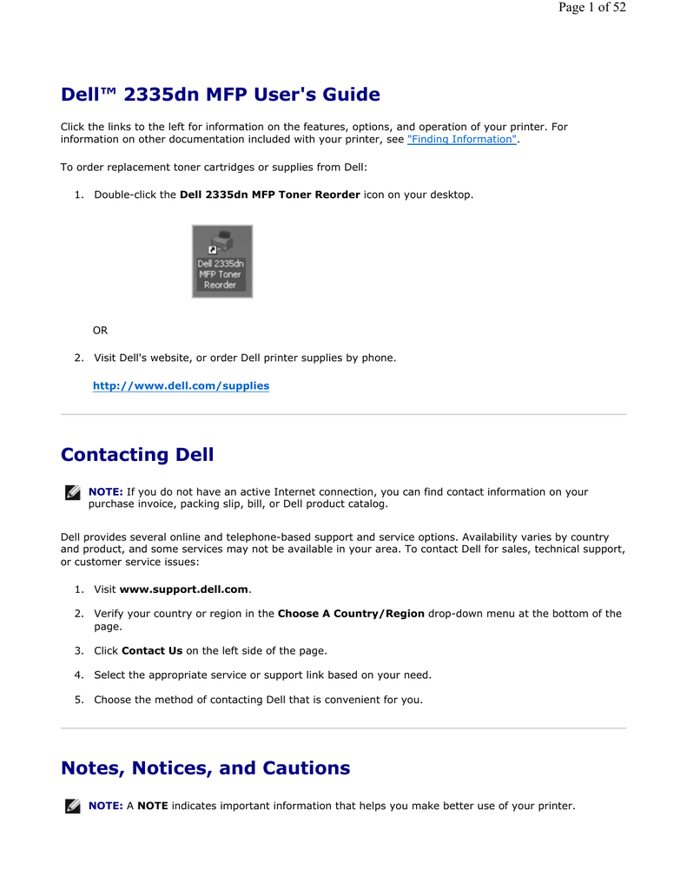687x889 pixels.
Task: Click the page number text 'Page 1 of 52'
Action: (591, 8)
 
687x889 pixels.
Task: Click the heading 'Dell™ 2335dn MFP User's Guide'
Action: (221, 95)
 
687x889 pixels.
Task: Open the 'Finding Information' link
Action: (462, 139)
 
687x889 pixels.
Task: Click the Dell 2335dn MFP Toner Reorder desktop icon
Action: (221, 261)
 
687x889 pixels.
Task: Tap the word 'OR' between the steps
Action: (101, 331)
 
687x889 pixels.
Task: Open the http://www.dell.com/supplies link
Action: (182, 385)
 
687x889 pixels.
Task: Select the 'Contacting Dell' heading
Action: (137, 455)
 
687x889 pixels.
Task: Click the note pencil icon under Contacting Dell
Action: (72, 493)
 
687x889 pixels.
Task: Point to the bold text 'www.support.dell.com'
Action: (184, 589)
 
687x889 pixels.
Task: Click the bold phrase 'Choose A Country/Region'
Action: (351, 614)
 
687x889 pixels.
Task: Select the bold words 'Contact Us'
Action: (152, 650)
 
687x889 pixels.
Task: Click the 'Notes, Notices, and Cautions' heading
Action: (206, 768)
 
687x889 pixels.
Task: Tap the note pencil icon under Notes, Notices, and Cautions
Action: (72, 807)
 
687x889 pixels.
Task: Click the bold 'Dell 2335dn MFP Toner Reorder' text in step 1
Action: (269, 194)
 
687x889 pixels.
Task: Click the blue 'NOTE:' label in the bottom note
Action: (105, 806)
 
